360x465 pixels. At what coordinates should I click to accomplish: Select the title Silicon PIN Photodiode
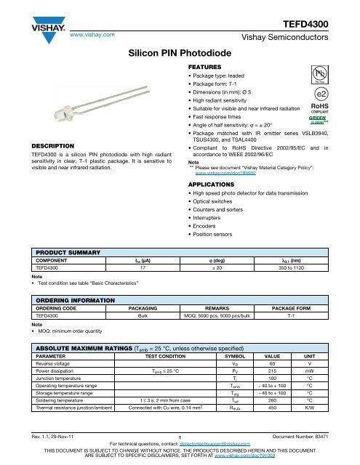(180, 54)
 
